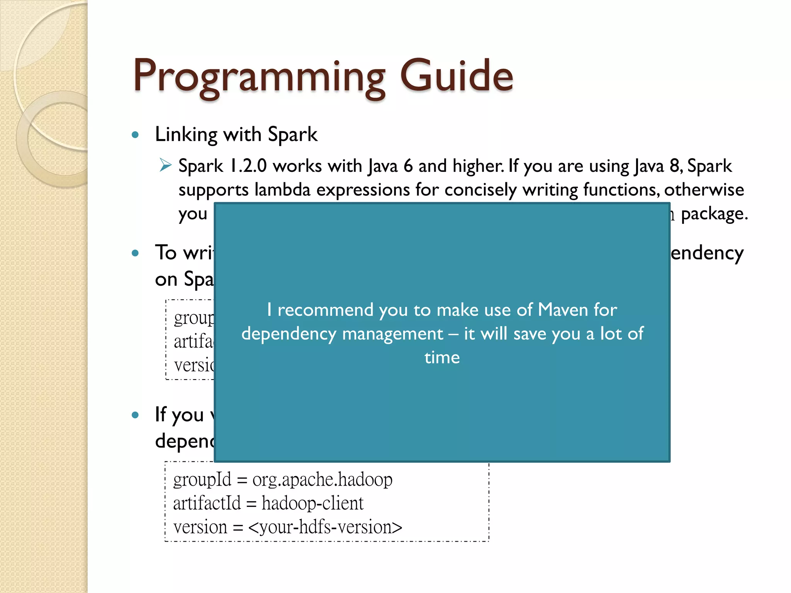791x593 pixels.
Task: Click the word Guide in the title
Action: [x=457, y=76]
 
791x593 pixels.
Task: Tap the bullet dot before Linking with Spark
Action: [x=135, y=135]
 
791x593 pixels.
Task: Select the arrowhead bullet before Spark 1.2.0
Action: [x=165, y=165]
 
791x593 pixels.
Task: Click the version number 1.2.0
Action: [x=248, y=166]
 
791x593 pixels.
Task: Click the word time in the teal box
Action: [x=442, y=357]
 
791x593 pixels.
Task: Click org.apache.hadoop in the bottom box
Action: [x=322, y=480]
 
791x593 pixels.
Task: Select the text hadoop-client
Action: [x=312, y=503]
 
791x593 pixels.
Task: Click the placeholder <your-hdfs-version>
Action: [x=325, y=527]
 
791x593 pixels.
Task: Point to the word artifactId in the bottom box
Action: [x=207, y=503]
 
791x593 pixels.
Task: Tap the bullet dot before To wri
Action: [x=135, y=253]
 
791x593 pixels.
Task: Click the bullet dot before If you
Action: [x=135, y=415]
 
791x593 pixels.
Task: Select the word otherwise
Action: [x=704, y=190]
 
